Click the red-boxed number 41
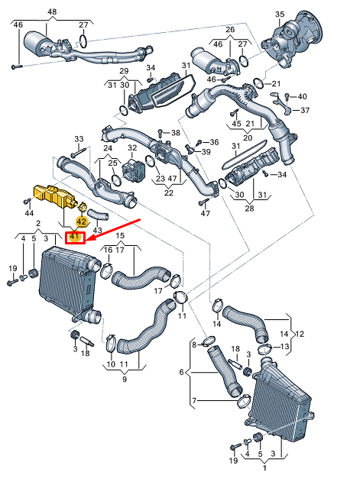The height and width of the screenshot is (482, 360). click(x=75, y=238)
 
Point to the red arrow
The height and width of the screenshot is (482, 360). click(x=115, y=228)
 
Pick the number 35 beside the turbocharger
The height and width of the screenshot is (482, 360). click(x=280, y=14)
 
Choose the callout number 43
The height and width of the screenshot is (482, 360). click(x=97, y=230)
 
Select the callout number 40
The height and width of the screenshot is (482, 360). click(x=301, y=96)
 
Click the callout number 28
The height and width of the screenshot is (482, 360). click(x=249, y=208)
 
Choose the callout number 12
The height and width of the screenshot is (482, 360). click(x=300, y=334)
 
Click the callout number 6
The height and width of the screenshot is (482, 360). click(x=181, y=372)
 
